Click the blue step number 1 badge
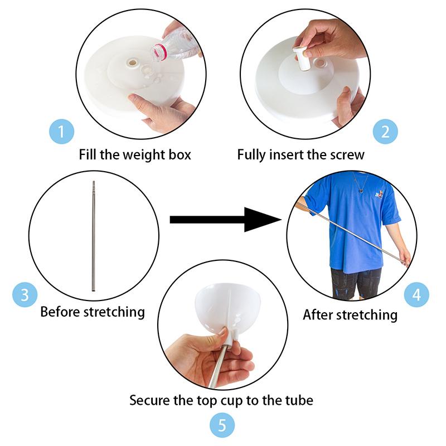[61, 132]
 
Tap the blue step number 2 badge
[385, 132]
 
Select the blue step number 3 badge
[25, 295]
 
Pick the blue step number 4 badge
[416, 295]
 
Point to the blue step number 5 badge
[222, 425]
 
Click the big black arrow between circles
[225, 220]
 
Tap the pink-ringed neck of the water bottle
[159, 52]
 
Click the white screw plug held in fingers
[302, 59]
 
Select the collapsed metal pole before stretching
[93, 236]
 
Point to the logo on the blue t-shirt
[379, 195]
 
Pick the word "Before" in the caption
[60, 312]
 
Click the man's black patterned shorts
[356, 283]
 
